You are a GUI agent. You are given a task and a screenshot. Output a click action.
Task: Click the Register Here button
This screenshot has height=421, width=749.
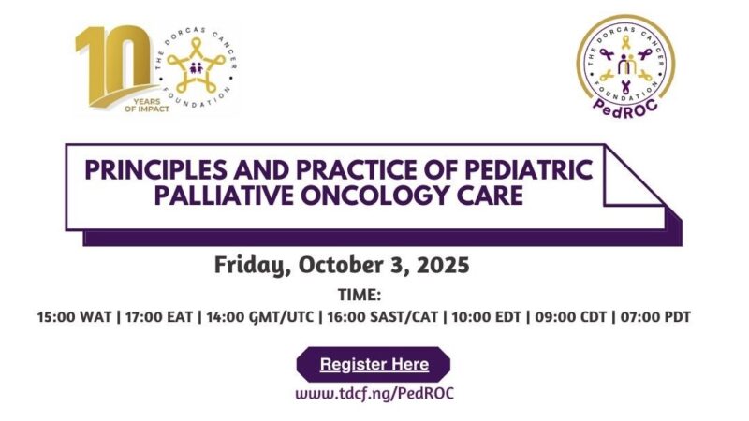(374, 364)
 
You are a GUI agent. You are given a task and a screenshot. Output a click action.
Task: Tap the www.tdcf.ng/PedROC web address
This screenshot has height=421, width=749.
(374, 394)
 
